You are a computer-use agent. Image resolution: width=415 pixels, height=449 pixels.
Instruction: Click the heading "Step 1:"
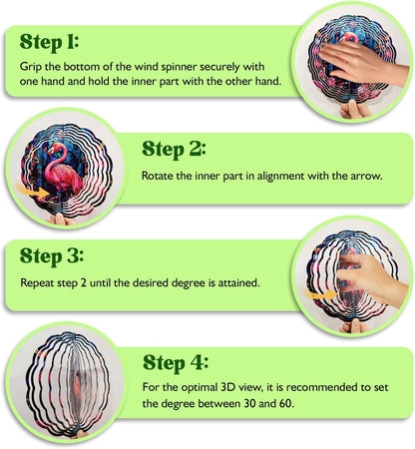point(49,42)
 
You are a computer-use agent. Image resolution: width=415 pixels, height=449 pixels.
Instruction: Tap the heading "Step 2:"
point(174,150)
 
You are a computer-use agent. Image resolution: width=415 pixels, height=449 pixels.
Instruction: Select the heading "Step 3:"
point(52,256)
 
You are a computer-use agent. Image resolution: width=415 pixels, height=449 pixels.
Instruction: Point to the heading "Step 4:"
point(176,363)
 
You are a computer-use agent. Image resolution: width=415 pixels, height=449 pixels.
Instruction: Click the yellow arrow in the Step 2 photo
point(33,192)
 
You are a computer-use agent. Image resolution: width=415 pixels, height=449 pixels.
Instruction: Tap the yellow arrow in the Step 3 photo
point(320,294)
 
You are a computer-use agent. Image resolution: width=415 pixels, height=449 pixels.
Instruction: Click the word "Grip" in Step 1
point(31,67)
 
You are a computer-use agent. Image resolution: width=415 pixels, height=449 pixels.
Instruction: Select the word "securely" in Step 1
point(219,67)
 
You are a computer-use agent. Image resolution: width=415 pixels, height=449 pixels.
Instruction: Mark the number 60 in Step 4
point(284,404)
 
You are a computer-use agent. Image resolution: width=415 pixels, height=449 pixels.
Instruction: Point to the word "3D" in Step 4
point(227,387)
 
